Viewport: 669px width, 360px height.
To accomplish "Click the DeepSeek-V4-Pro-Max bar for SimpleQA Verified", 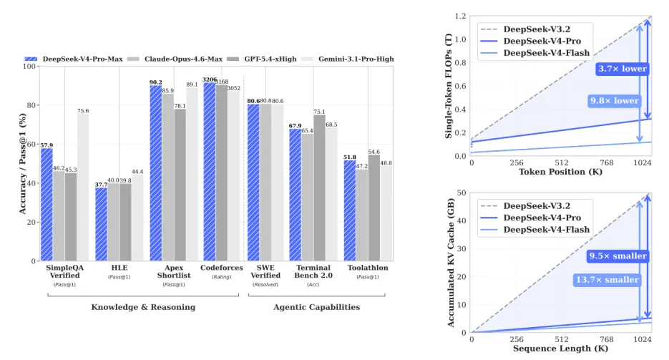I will pyautogui.click(x=47, y=204).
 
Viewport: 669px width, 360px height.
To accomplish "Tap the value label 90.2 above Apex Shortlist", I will pyautogui.click(x=155, y=82).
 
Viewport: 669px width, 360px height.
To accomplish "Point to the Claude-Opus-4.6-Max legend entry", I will pyautogui.click(x=170, y=59).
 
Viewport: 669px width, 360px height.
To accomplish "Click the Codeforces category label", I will pyautogui.click(x=221, y=268).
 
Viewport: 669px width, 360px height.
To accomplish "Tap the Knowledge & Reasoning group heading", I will pyautogui.click(x=143, y=307).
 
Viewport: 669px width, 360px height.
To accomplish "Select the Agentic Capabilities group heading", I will pyautogui.click(x=316, y=307).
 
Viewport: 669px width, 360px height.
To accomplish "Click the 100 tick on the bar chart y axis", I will pyautogui.click(x=30, y=67).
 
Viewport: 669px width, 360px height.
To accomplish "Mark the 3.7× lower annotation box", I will pyautogui.click(x=622, y=69).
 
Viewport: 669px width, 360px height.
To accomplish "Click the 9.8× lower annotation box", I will pyautogui.click(x=614, y=101).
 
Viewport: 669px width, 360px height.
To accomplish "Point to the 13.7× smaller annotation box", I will pyautogui.click(x=606, y=280).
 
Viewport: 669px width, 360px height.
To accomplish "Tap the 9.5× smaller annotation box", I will pyautogui.click(x=617, y=256).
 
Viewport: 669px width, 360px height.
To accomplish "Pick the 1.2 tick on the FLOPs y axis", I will pyautogui.click(x=459, y=16).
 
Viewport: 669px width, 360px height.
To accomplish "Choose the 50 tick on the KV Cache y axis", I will pyautogui.click(x=461, y=193).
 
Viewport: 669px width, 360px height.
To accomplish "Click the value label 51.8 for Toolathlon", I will pyautogui.click(x=349, y=157).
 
